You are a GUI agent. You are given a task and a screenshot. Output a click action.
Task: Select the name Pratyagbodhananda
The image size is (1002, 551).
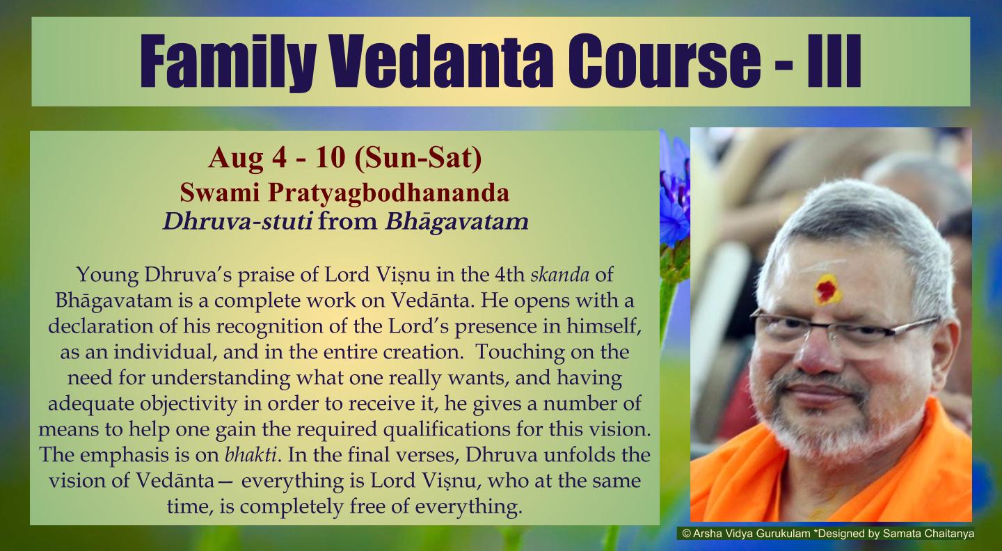[388, 193]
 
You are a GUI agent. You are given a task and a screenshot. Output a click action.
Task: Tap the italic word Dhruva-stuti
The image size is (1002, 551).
[237, 221]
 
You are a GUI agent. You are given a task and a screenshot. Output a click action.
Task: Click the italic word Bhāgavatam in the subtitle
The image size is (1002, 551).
[456, 222]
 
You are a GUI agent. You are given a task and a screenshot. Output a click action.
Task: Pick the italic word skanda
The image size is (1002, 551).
[559, 275]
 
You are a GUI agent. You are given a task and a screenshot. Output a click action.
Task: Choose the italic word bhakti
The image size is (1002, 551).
[250, 455]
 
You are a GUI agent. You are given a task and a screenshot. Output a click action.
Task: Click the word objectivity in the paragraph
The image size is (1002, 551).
[188, 404]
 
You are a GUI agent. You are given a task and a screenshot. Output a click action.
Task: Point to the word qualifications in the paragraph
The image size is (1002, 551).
[447, 429]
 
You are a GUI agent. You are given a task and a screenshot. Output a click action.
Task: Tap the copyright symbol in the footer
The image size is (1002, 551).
[687, 534]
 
